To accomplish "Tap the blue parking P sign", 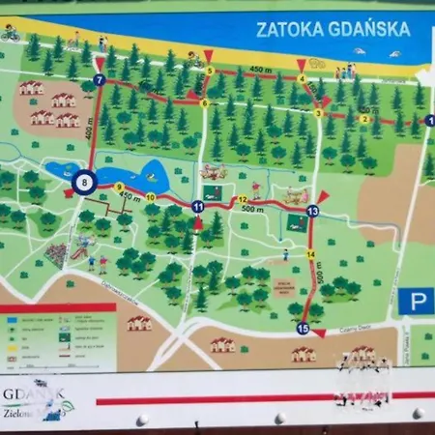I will pyautogui.click(x=416, y=302).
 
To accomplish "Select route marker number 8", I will pyautogui.click(x=84, y=181).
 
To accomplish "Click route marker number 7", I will pyautogui.click(x=99, y=80).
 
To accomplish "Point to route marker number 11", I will pyautogui.click(x=197, y=207).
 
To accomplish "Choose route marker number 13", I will pyautogui.click(x=311, y=211).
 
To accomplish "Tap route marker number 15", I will pyautogui.click(x=303, y=329).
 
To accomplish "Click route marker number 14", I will pyautogui.click(x=310, y=254).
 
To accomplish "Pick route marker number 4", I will pyautogui.click(x=302, y=78).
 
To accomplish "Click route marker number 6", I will pyautogui.click(x=204, y=102).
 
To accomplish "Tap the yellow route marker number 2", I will pyautogui.click(x=363, y=118).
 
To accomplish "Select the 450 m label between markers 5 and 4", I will pyautogui.click(x=256, y=69).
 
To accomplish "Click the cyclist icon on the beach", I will pyautogui.click(x=11, y=35).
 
